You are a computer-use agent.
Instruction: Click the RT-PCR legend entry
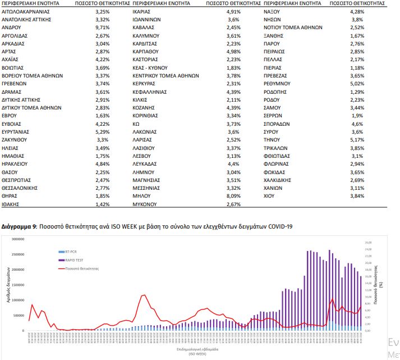pyautogui.click(x=71, y=252)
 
